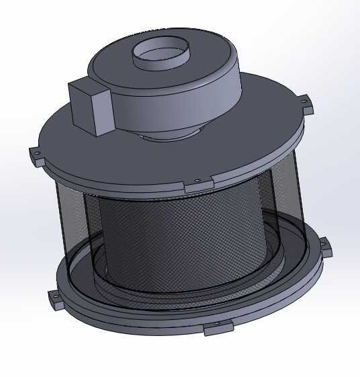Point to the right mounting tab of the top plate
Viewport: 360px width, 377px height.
(306, 103)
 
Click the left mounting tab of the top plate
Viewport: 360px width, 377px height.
(36, 156)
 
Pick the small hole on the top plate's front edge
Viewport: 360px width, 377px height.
(197, 180)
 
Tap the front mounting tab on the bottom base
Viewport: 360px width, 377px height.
(216, 327)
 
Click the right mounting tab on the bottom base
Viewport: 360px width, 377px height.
(325, 246)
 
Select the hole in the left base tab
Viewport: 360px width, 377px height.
(52, 295)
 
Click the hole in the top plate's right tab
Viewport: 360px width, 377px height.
(307, 102)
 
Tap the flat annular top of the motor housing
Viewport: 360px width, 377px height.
(201, 67)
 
